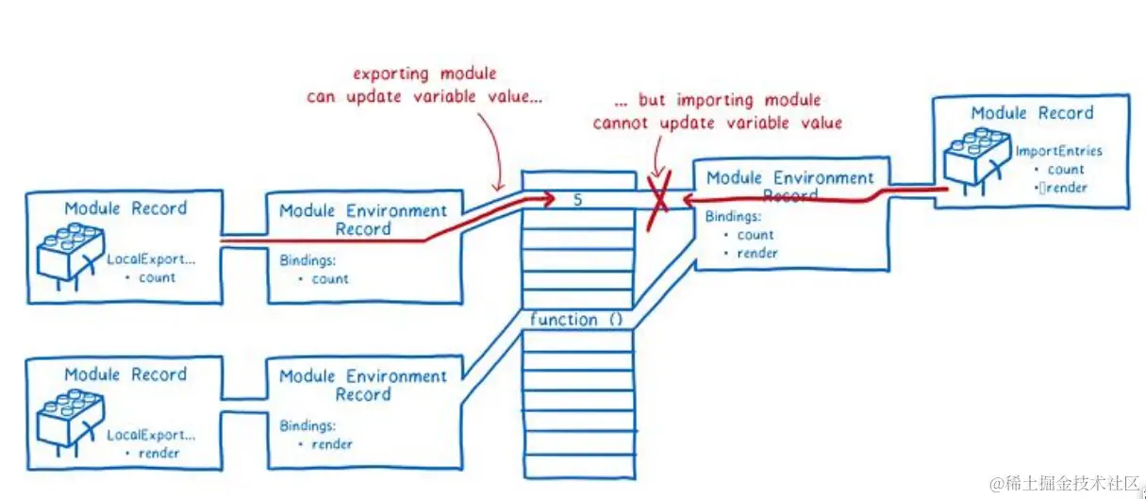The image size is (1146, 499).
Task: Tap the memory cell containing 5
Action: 577,199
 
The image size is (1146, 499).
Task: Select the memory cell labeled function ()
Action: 577,320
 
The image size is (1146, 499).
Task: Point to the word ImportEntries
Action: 1058,151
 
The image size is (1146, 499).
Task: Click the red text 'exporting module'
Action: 424,74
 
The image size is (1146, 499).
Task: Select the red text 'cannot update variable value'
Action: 717,123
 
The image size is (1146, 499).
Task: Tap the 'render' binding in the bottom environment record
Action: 331,444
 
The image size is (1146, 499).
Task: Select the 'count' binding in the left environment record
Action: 329,278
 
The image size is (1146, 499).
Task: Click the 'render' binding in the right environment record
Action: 757,253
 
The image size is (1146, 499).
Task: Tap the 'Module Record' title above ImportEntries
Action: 1032,113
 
